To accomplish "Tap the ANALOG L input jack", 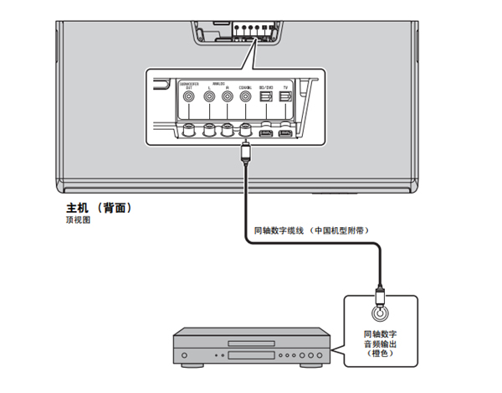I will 207,97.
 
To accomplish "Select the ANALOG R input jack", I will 226,97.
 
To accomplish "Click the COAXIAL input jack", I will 245,97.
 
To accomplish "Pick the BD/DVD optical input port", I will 265,97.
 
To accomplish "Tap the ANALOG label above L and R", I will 218,82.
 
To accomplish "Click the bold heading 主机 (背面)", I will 99,207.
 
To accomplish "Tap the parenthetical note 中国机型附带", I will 341,230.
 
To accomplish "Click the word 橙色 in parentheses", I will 381,354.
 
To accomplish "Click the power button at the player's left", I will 185,355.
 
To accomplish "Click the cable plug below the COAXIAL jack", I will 245,152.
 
